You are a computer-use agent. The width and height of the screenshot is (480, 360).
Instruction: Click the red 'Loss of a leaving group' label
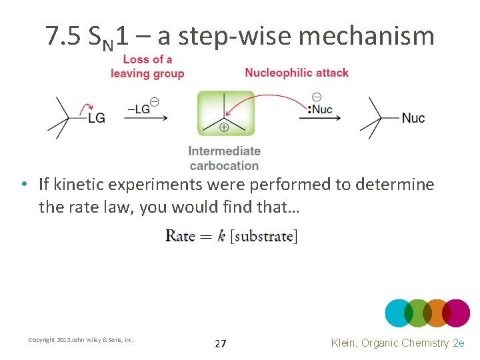click(147, 66)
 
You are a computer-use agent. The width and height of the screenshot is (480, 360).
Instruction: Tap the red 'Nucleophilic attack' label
click(297, 72)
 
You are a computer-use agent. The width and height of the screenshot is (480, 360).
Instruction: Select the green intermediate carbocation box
click(225, 113)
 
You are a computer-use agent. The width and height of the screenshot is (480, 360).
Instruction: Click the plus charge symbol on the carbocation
click(224, 127)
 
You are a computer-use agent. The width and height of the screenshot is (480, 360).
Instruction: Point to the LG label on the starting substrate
click(96, 118)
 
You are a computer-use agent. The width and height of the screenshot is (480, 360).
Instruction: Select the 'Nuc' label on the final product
click(413, 118)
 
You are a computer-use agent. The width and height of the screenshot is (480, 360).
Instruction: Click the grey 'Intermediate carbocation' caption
click(224, 158)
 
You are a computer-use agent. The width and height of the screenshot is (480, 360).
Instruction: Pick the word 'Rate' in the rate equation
click(180, 235)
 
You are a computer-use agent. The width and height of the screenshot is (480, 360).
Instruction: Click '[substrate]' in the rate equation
click(264, 236)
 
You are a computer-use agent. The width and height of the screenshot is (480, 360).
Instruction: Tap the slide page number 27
click(221, 343)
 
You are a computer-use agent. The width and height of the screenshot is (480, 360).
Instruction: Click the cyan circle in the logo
click(399, 313)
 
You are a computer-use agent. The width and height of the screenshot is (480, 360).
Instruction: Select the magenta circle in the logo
click(457, 313)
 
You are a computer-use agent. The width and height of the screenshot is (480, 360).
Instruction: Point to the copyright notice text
click(81, 340)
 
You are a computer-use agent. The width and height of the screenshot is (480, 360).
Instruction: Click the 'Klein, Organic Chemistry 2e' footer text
click(397, 343)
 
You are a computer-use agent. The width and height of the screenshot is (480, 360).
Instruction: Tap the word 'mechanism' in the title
click(366, 36)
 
